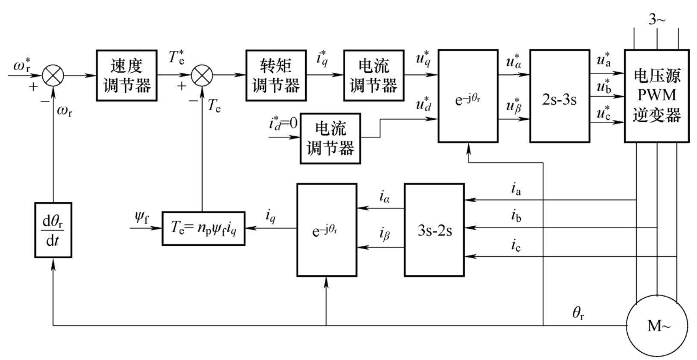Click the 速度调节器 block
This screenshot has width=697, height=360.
(126, 76)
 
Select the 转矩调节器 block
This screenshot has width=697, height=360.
(276, 76)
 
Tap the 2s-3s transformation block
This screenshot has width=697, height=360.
(559, 96)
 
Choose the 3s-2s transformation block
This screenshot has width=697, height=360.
(434, 230)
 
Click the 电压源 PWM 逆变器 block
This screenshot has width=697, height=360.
(656, 96)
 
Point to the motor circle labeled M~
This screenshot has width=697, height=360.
(657, 326)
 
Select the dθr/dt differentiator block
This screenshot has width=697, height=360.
(53, 230)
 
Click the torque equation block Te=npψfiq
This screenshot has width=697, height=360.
(203, 228)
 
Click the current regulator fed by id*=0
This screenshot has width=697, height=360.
(330, 139)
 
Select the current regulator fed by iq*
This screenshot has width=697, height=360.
(373, 76)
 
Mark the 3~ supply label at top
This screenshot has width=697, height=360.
(657, 19)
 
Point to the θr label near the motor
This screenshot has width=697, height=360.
(578, 313)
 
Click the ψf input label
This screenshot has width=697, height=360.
(141, 218)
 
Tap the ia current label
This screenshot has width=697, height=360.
(516, 189)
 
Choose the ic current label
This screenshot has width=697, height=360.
(516, 245)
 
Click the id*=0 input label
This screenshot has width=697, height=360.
(282, 124)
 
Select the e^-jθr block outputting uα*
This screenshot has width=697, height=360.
(468, 96)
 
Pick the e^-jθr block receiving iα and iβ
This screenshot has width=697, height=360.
(327, 230)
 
